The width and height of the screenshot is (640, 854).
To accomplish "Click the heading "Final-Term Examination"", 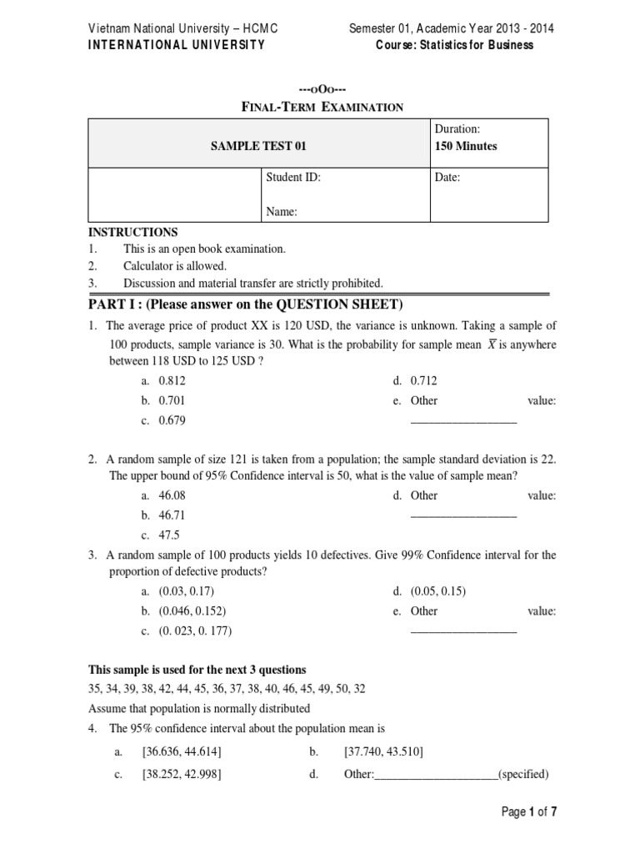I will click(x=322, y=107).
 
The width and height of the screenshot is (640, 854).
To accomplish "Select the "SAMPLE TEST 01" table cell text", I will click(x=258, y=146).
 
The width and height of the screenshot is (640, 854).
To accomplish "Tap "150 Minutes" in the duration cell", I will click(x=466, y=146).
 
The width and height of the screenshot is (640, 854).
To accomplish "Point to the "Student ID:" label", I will click(x=293, y=177).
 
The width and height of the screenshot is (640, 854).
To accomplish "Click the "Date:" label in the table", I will click(x=447, y=177).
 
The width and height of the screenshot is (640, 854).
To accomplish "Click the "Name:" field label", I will click(x=282, y=213).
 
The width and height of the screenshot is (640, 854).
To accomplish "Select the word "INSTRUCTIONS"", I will click(x=133, y=232).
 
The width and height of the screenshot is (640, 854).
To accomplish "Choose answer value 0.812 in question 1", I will click(x=172, y=381).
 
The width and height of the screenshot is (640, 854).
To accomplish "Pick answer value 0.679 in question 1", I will click(x=172, y=420).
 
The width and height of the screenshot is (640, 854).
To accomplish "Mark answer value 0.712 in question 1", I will click(x=423, y=381).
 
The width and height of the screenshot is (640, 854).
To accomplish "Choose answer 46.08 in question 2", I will click(x=172, y=495).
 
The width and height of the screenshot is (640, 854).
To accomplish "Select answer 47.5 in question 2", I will click(x=169, y=535).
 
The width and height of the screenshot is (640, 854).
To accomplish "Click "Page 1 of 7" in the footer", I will click(x=529, y=811).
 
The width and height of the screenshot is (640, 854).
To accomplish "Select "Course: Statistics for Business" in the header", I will click(x=455, y=45).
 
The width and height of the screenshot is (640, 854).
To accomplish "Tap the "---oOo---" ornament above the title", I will click(x=322, y=89).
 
